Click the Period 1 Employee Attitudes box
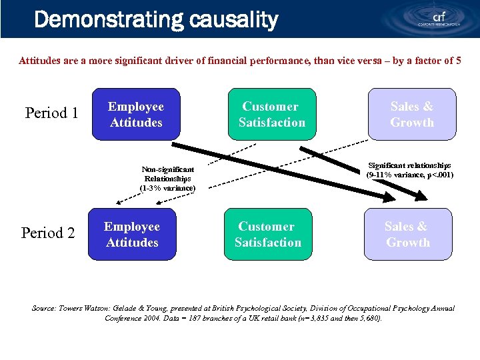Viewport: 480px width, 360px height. tap(136, 115)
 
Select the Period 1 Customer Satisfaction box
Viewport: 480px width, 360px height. tap(271, 115)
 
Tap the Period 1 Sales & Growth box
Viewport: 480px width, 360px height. tap(411, 115)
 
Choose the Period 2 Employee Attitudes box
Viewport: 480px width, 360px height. tap(132, 235)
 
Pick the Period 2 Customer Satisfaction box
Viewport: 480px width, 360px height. tap(267, 235)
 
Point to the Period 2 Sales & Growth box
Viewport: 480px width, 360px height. tap(407, 235)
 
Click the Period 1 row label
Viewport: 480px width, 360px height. tap(51, 113)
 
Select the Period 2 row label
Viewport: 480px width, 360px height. tap(48, 233)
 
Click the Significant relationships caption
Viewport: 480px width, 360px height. tap(409, 170)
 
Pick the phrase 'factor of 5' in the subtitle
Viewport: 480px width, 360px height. tap(435, 61)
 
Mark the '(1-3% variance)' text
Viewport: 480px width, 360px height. tap(168, 188)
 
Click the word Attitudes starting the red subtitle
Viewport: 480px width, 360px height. tap(39, 61)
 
